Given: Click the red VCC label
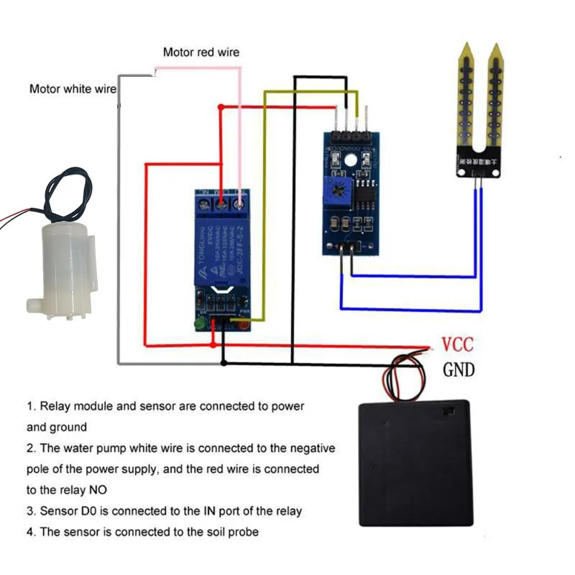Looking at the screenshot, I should pos(457,344).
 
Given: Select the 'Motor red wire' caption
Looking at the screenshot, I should pos(201,52).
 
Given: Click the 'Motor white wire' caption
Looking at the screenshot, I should pos(73,89).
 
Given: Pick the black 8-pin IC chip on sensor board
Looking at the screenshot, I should pos(366,196).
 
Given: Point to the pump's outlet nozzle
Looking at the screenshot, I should pos(32,305).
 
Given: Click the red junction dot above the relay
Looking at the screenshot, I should pos(221,107).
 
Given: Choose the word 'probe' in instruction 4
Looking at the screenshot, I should pos(243,532).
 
